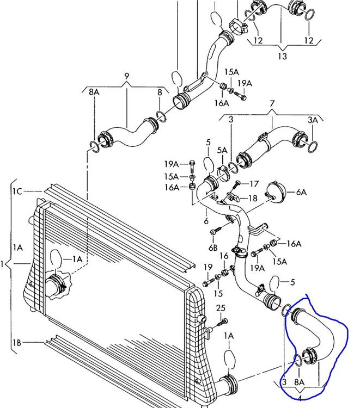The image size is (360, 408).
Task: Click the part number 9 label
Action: tap(126, 75)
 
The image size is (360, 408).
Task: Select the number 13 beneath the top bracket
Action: tap(282, 56)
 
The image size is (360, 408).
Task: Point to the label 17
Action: tap(254, 184)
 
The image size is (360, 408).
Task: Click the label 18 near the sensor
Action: tap(253, 199)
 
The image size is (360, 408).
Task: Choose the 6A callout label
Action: tap(301, 192)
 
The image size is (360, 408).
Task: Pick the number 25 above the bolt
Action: tap(220, 308)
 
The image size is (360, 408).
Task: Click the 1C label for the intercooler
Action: tap(17, 191)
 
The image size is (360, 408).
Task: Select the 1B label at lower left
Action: tap(17, 342)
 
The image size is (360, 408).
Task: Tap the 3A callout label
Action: tap(313, 119)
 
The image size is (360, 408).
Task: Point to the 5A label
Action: tap(222, 150)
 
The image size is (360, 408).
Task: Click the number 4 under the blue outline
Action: tap(299, 391)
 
